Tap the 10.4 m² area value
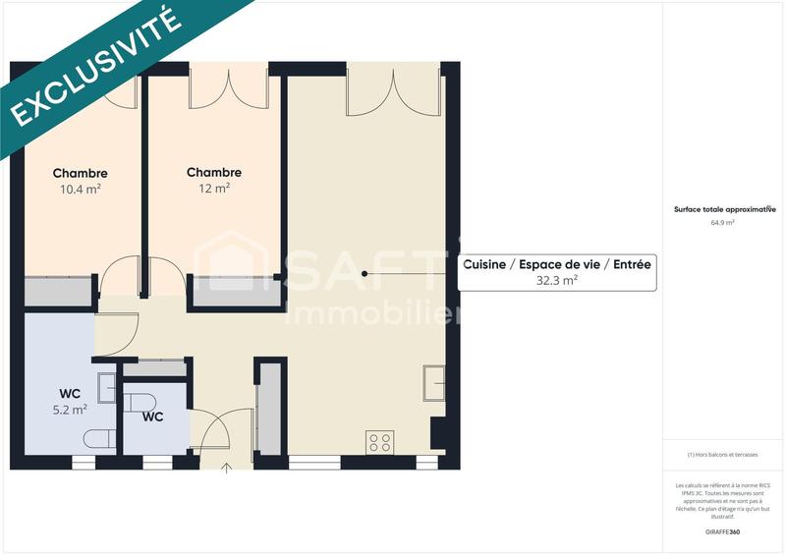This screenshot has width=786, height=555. [x=81, y=189]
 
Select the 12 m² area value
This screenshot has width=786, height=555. [x=214, y=188]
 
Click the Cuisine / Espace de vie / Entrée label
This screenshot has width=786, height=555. [x=557, y=265]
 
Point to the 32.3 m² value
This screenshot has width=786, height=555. [x=557, y=280]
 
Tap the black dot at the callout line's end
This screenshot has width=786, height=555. [x=365, y=274]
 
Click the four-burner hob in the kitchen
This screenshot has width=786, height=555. [x=379, y=442]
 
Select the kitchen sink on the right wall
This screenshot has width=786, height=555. [x=433, y=382]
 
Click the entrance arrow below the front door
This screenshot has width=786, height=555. [x=228, y=468]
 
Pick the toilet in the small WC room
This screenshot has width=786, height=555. [x=140, y=403]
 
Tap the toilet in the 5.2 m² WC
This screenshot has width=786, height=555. [x=99, y=438]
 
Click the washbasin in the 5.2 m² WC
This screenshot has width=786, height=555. [x=107, y=388]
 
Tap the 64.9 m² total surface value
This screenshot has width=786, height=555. [x=723, y=223]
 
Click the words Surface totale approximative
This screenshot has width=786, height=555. [x=724, y=209]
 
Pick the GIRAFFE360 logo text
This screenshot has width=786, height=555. [x=723, y=531]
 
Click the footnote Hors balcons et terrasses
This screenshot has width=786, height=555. [x=724, y=455]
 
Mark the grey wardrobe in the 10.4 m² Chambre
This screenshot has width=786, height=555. [x=58, y=292]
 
